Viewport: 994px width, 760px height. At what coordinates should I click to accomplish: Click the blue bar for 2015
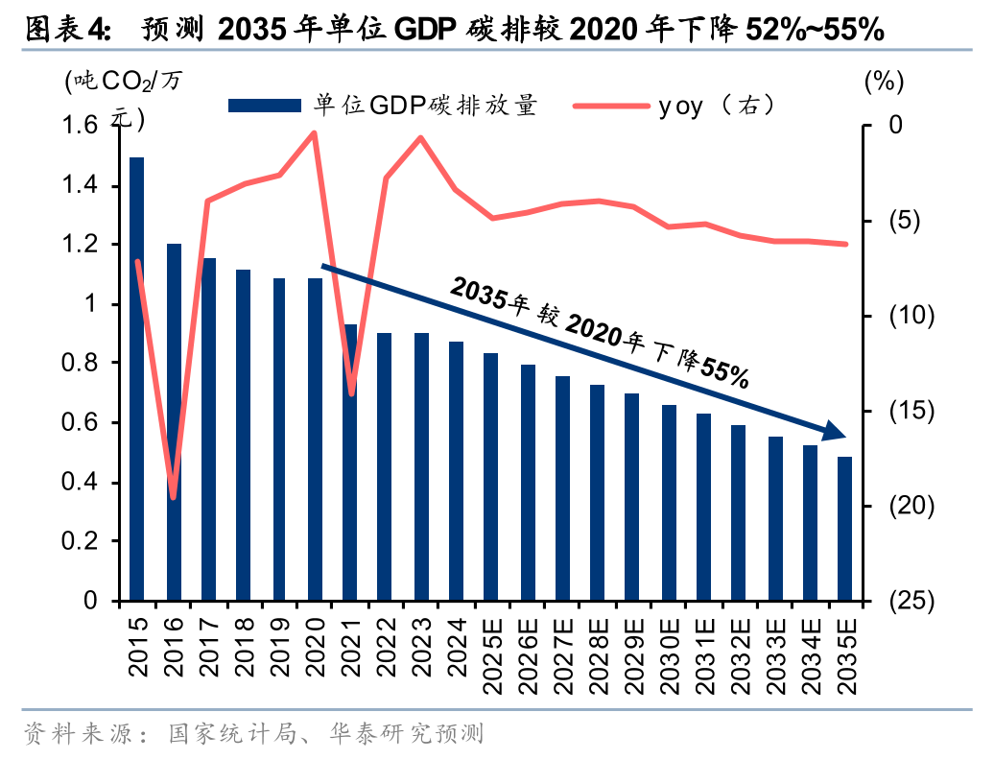point(137,379)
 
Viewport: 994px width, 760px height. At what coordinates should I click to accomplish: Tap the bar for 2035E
point(845,529)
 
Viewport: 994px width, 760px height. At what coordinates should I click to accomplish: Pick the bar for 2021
point(350,463)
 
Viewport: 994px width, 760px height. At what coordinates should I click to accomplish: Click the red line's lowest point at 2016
point(174,497)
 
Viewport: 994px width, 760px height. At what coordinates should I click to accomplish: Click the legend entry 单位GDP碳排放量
point(384,106)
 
